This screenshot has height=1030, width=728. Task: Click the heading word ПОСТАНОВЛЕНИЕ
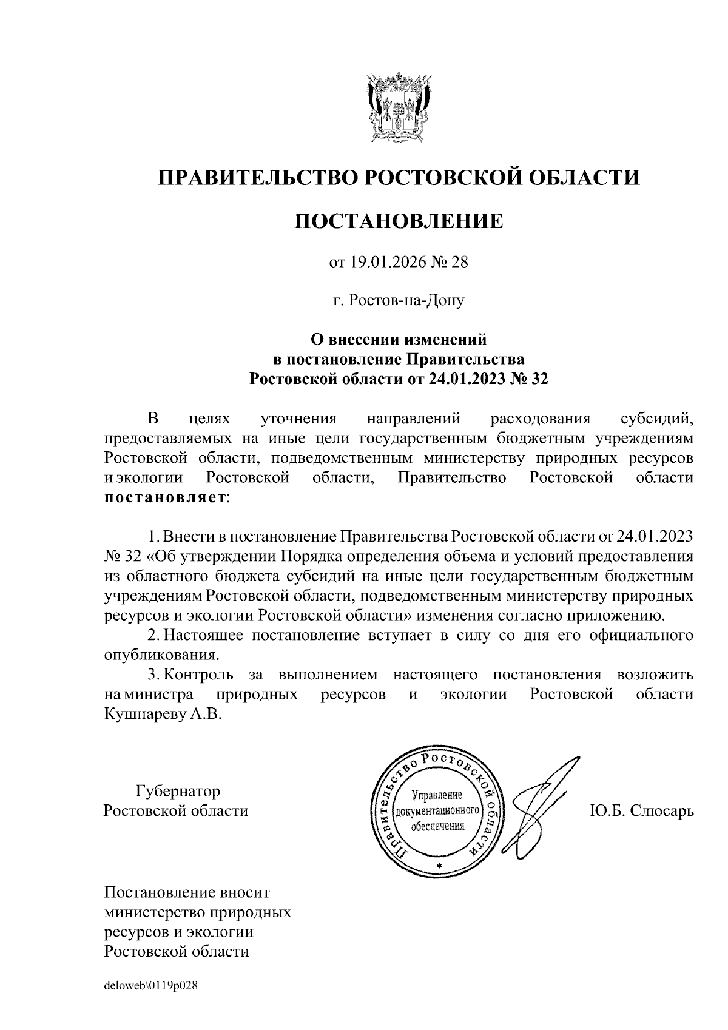coord(399,221)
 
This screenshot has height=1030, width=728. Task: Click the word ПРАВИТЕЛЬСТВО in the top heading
coord(257,177)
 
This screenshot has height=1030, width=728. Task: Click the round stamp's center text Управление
coord(437,795)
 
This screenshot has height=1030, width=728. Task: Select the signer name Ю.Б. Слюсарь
coord(641,811)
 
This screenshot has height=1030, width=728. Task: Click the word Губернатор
coord(178,792)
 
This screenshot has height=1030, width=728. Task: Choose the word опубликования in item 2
coord(161,655)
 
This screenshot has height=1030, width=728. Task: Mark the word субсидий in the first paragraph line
coord(657,419)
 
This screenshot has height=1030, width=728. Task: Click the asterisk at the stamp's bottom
coord(440,864)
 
